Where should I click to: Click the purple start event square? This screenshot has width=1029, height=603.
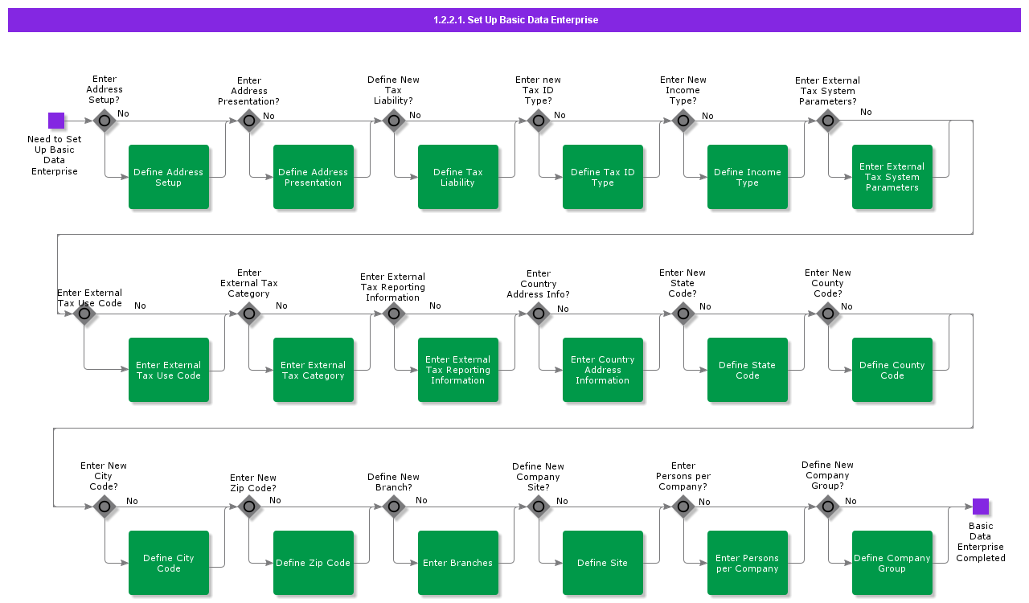point(56,121)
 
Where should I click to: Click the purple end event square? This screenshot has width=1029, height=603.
point(980,507)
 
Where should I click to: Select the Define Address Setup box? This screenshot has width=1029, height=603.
point(169,177)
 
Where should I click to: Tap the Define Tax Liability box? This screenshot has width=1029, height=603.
point(458,177)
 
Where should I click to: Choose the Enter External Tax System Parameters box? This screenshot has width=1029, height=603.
point(892,177)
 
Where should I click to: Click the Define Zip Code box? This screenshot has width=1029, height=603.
point(314,563)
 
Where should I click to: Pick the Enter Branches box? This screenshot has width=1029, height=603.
point(458,563)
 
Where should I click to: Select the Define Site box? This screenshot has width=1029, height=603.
point(603,563)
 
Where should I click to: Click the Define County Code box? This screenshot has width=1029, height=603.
point(892,370)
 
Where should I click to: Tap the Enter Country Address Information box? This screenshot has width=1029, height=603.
point(603,370)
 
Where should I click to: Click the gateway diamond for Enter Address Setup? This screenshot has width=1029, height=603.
point(105,121)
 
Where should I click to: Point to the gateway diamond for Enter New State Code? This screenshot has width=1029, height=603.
point(683,314)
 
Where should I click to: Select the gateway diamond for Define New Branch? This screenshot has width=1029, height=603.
point(394,507)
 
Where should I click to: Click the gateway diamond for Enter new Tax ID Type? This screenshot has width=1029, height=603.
point(539,121)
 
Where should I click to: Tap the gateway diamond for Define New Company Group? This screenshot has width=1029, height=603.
point(828,507)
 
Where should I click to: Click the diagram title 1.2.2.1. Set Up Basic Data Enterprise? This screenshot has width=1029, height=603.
point(515,20)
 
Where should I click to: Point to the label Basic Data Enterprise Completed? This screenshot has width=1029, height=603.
point(980,542)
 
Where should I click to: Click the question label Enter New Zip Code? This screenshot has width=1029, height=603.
point(252,482)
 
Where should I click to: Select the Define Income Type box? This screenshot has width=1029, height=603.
point(748,177)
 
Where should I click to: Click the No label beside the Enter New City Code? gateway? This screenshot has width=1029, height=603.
point(132,501)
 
